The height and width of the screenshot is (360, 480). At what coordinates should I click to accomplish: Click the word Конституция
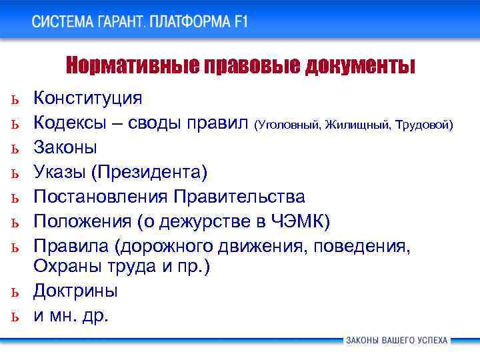(x=87, y=98)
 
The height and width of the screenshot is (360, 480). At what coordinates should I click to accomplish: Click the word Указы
(x=61, y=172)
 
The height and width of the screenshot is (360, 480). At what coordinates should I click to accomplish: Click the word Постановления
(x=101, y=197)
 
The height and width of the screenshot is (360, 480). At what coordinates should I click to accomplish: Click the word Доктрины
(x=75, y=291)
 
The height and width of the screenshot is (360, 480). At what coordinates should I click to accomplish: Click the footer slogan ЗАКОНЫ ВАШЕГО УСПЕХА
(x=396, y=341)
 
